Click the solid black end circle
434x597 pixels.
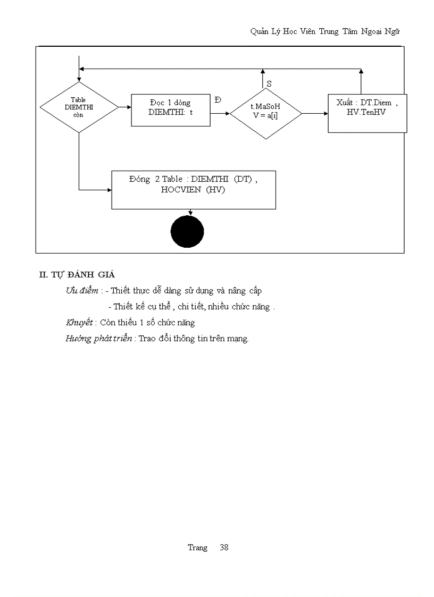point(187,232)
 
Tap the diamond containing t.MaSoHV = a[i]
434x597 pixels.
point(265,113)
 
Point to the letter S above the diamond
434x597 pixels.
point(269,84)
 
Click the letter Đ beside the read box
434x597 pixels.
point(218,100)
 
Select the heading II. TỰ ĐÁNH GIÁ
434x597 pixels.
point(77,274)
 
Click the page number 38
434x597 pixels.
point(224,548)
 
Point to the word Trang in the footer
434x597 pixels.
point(197,548)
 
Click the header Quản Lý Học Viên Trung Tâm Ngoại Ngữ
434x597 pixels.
point(325,31)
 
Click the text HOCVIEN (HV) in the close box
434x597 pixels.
point(193,190)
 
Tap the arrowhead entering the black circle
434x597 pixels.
point(190,213)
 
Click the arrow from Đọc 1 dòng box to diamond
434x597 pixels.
point(220,113)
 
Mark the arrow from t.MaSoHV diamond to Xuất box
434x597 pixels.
point(315,113)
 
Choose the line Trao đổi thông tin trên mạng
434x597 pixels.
point(194,339)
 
